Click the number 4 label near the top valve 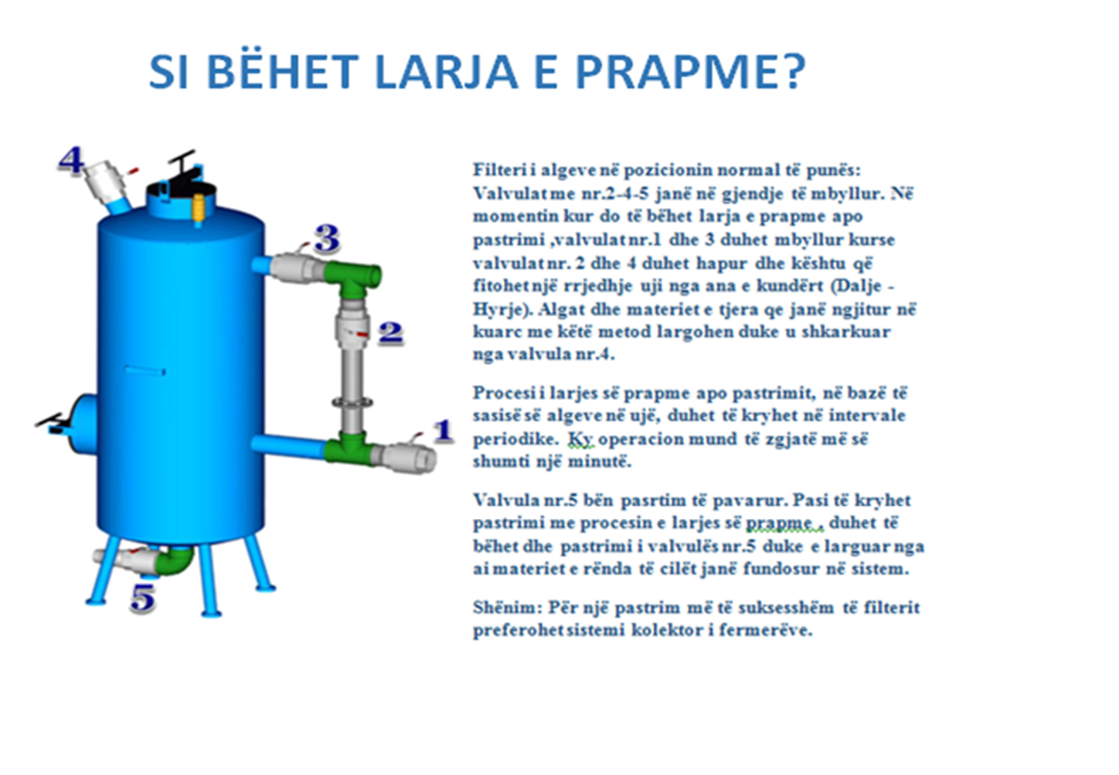tap(71, 161)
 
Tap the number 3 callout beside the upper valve tap(327, 238)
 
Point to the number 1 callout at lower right tap(443, 431)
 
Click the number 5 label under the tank tap(143, 598)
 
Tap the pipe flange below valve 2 tap(352, 401)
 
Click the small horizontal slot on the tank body tap(145, 371)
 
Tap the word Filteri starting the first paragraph tap(500, 170)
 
